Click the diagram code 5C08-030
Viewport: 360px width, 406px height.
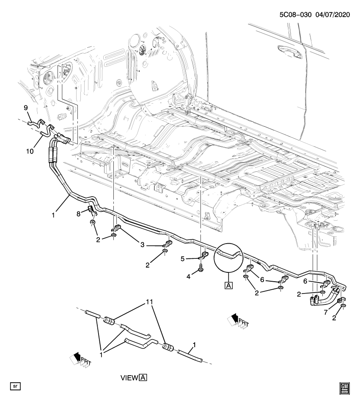[x=295, y=14]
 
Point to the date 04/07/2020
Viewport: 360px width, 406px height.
[x=332, y=14]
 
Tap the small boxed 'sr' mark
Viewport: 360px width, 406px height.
[x=15, y=386]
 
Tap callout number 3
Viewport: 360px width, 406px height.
[x=143, y=244]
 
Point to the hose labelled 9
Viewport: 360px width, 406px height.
[x=36, y=123]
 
